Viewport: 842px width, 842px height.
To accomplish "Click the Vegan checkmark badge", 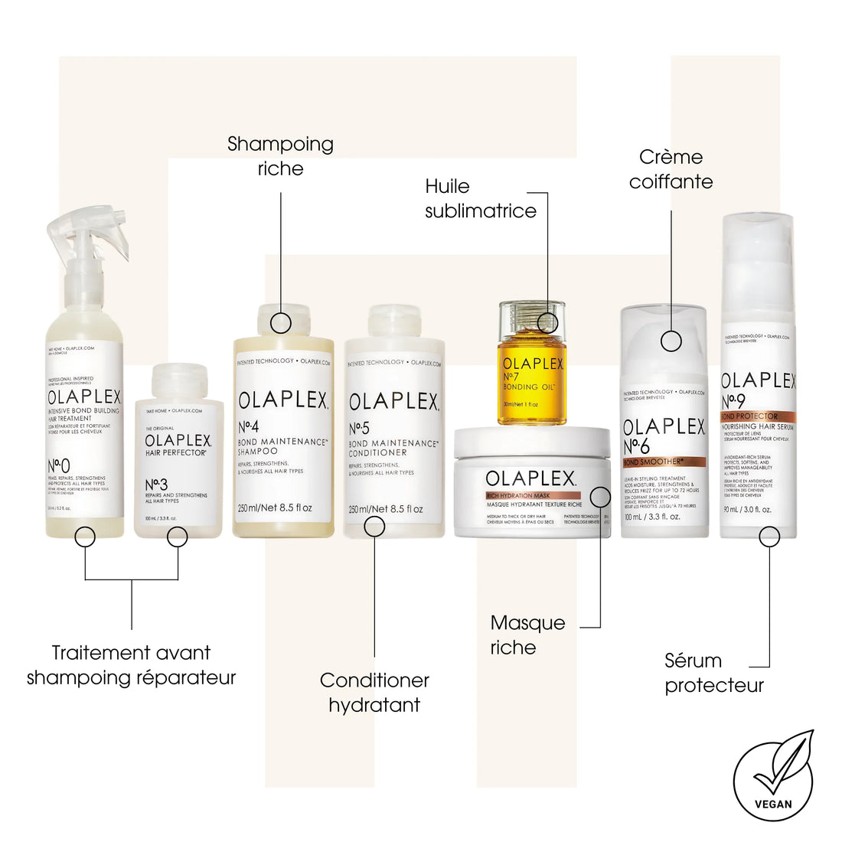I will tap(773, 775).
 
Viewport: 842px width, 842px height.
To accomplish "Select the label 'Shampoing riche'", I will tap(280, 156).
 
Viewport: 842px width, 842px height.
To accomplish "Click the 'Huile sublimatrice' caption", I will tap(480, 198).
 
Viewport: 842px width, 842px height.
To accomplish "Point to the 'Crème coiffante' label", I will tap(671, 169).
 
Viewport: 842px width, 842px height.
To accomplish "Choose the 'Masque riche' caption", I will tap(527, 635).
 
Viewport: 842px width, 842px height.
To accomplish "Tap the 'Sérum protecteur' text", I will tap(713, 672).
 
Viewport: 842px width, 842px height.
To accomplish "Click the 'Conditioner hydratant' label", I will tap(374, 692).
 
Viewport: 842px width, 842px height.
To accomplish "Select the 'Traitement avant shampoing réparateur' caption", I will tap(131, 664).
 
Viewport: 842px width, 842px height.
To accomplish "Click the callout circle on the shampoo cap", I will tap(281, 322).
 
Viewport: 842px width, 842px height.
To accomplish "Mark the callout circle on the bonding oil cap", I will tap(547, 322).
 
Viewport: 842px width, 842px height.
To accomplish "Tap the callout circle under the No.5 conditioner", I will tap(374, 526).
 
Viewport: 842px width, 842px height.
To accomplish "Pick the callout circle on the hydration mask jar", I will tap(601, 497).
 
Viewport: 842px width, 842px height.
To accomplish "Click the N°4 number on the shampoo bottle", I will tap(248, 426).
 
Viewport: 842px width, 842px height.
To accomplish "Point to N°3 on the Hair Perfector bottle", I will tap(156, 485).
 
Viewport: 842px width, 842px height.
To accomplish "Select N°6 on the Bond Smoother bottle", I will tap(636, 446).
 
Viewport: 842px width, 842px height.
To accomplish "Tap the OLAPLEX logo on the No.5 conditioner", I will tap(393, 402).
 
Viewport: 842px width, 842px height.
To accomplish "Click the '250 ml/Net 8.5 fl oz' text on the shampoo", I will tap(275, 507).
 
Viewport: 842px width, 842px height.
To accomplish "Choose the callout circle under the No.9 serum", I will tap(769, 536).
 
